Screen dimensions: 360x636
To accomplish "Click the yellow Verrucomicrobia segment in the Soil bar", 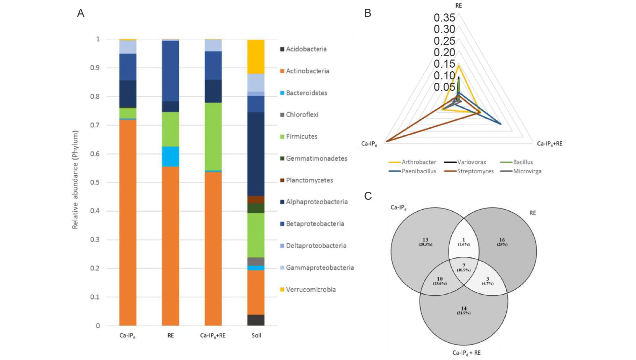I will point(256,57).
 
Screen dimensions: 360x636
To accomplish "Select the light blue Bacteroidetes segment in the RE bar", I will point(170,156).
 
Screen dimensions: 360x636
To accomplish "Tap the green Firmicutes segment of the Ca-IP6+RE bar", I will point(213,136).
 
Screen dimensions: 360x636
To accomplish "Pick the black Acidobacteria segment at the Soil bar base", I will point(256,320).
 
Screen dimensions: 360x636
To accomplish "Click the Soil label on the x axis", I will point(256,335).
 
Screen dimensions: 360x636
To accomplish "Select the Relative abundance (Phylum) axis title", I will point(75,180).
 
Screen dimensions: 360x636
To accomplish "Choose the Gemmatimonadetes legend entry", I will point(316,158).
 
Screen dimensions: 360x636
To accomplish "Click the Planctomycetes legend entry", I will point(309,180).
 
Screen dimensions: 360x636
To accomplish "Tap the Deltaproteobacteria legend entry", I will point(316,246).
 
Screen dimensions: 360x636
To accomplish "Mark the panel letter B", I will point(367,13).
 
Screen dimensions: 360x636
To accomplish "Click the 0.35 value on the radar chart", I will point(444,17).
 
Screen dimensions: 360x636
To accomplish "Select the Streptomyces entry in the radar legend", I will point(475,171).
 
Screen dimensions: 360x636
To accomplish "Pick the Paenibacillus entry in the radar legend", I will point(419,171).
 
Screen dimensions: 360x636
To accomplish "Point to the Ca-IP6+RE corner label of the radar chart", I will point(549,144).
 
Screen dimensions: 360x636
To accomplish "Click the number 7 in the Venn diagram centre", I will point(464,265).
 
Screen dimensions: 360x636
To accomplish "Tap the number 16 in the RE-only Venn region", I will point(502,240).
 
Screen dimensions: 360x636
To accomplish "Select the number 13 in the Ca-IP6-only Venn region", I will point(425,240).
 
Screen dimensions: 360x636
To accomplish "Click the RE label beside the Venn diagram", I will point(532,213).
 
